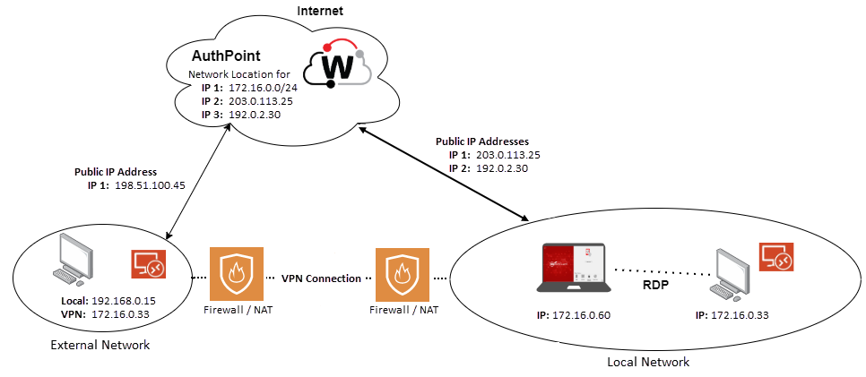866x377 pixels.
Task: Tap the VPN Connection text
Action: click(x=320, y=278)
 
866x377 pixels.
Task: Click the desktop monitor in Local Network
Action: click(x=732, y=270)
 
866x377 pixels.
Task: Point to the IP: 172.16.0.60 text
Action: click(x=574, y=315)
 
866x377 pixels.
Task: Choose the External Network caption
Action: click(x=100, y=345)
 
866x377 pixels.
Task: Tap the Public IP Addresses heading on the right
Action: click(x=481, y=141)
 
